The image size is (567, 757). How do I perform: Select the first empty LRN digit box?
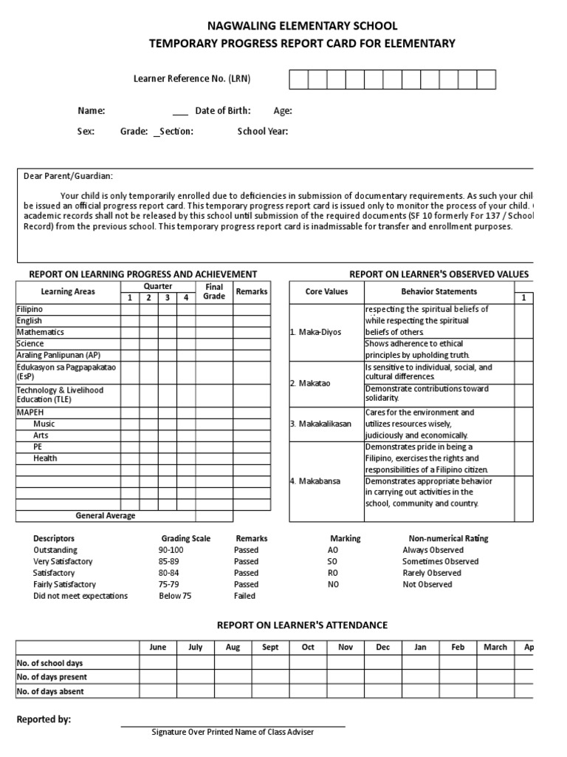pyautogui.click(x=298, y=79)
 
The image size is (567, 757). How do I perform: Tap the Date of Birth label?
pyautogui.click(x=222, y=111)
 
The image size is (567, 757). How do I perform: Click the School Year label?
pyautogui.click(x=262, y=132)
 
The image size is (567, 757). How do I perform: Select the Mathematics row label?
pyautogui.click(x=41, y=332)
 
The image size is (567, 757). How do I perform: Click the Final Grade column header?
pyautogui.click(x=214, y=291)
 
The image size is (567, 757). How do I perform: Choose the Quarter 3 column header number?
pyautogui.click(x=167, y=298)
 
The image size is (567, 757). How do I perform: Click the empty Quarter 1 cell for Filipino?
pyautogui.click(x=129, y=309)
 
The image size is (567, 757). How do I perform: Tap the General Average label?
pyautogui.click(x=106, y=516)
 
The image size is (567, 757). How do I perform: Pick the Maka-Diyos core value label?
pyautogui.click(x=316, y=332)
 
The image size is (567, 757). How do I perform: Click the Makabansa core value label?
pyautogui.click(x=316, y=481)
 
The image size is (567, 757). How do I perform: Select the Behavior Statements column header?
pyautogui.click(x=439, y=291)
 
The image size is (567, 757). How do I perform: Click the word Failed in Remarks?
pyautogui.click(x=244, y=596)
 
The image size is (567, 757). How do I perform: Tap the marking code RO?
pyautogui.click(x=332, y=573)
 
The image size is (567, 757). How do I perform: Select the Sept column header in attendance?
pyautogui.click(x=270, y=647)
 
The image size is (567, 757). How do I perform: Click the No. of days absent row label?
pyautogui.click(x=50, y=692)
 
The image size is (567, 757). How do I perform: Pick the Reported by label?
pyautogui.click(x=44, y=719)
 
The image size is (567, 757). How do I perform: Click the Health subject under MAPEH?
pyautogui.click(x=45, y=458)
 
